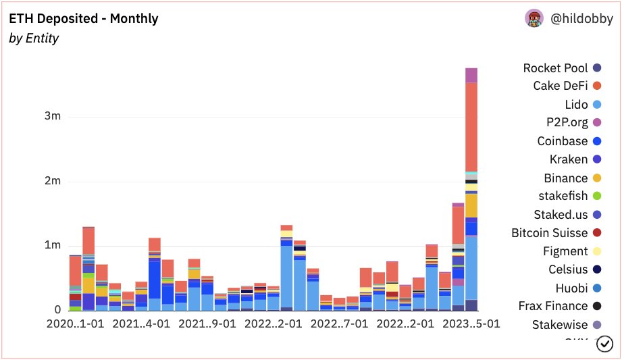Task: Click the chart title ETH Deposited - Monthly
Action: click(83, 18)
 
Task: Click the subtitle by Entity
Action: click(34, 38)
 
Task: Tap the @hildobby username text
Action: click(581, 19)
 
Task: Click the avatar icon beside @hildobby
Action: click(534, 19)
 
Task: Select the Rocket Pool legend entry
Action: click(555, 68)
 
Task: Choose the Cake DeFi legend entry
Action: click(560, 86)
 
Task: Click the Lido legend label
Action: click(576, 105)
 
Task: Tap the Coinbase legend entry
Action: click(562, 141)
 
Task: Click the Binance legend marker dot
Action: click(597, 178)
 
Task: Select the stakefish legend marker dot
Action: click(597, 197)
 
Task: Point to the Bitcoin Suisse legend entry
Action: click(549, 233)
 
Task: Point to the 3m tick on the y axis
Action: click(53, 116)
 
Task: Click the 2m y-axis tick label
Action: click(53, 181)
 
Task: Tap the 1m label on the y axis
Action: click(53, 245)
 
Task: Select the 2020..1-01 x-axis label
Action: click(75, 324)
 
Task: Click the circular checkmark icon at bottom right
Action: click(605, 344)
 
